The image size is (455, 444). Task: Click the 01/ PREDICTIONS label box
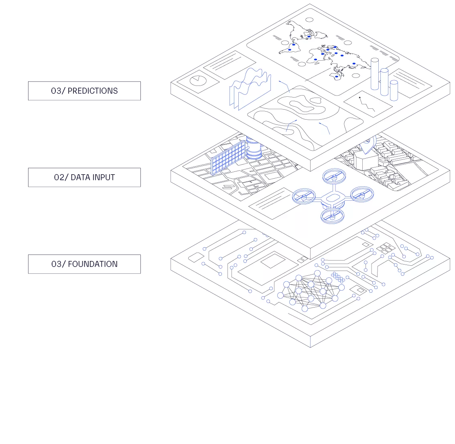(83, 92)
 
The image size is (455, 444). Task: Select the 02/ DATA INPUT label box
(83, 178)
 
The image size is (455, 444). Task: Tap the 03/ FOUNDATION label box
(83, 265)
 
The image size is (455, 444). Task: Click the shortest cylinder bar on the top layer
(394, 90)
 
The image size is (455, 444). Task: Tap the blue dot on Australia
(336, 76)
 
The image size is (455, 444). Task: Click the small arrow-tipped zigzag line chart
(367, 104)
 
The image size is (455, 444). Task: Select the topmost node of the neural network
(317, 273)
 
